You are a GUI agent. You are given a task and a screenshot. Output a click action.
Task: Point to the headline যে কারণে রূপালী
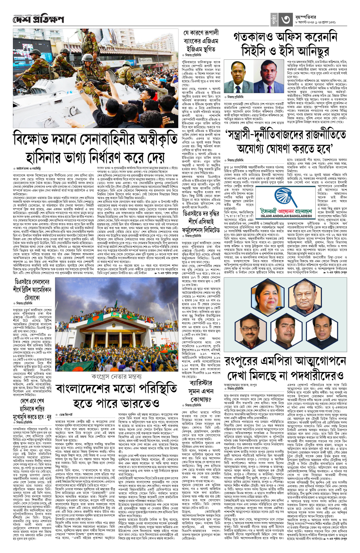pos(201,33)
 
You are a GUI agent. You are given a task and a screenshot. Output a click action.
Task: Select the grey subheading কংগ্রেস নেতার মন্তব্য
pos(116,377)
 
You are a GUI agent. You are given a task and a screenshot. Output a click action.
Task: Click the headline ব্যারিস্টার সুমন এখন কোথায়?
pos(201,391)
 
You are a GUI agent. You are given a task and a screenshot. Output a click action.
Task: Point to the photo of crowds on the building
pos(117,324)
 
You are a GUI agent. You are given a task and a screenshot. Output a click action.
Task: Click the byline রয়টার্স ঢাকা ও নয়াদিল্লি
pos(28,169)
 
